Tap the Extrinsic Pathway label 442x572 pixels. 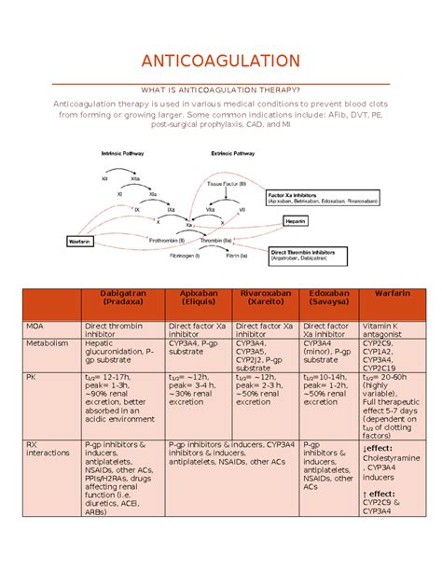click(235, 152)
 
